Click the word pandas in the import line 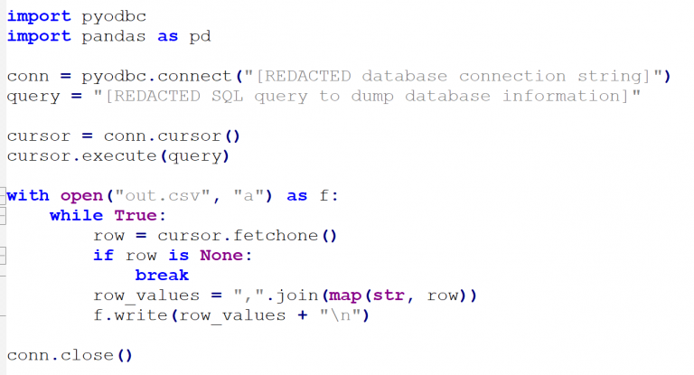pyautogui.click(x=114, y=36)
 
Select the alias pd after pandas pyautogui.click(x=200, y=36)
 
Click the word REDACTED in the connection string pyautogui.click(x=307, y=76)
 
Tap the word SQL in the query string pyautogui.click(x=228, y=96)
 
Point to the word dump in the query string pyautogui.click(x=372, y=97)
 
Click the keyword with pyautogui.click(x=28, y=195)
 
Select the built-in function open pyautogui.click(x=82, y=196)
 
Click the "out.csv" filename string pyautogui.click(x=163, y=195)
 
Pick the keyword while pyautogui.click(x=76, y=216)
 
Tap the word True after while pyautogui.click(x=136, y=216)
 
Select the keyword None pyautogui.click(x=221, y=256)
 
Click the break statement pyautogui.click(x=162, y=276)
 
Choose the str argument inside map pyautogui.click(x=389, y=295)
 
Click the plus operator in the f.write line pyautogui.click(x=303, y=315)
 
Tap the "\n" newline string pyautogui.click(x=341, y=315)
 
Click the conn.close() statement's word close pyautogui.click(x=87, y=355)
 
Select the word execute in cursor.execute pyautogui.click(x=119, y=155)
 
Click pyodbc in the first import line pyautogui.click(x=114, y=17)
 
